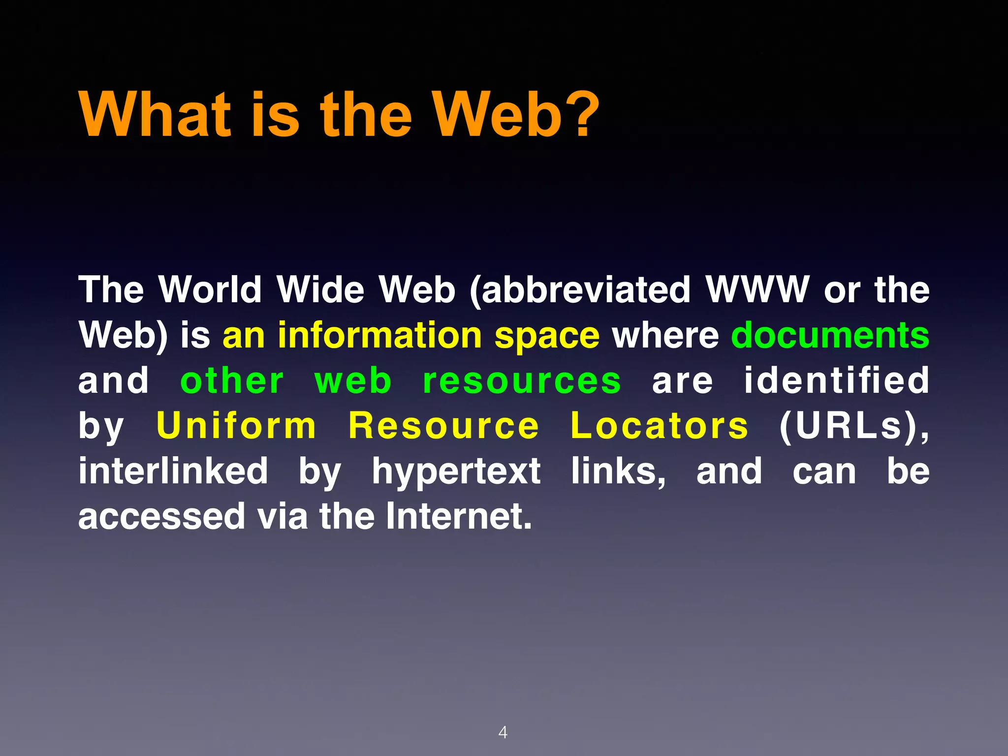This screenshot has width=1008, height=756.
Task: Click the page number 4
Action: coord(503,732)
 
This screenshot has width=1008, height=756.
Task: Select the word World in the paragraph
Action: coord(210,289)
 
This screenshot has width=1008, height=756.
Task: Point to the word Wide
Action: coord(320,289)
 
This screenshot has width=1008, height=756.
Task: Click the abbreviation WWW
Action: coord(757,289)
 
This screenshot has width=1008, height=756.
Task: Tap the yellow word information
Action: coord(379,335)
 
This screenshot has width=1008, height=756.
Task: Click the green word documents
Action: coord(830,335)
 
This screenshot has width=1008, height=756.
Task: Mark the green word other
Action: coord(232,380)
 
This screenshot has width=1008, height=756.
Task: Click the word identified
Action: coord(836,380)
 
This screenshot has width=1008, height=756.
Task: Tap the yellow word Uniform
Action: coord(236,425)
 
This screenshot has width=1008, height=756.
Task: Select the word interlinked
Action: coord(173,471)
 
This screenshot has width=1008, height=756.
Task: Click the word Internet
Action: coord(458,516)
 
